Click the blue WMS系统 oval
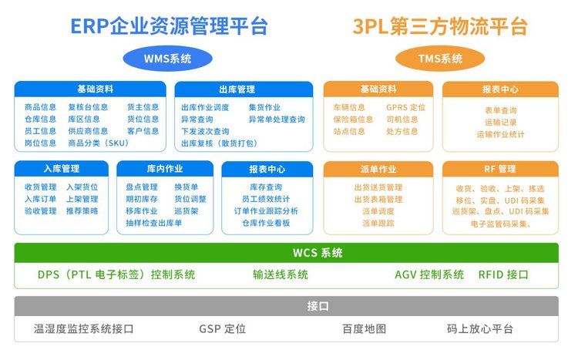[168, 59]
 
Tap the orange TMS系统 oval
[440, 59]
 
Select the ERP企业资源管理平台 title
[170, 26]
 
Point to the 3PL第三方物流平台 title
[440, 26]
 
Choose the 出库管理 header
[244, 89]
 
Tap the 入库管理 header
[62, 169]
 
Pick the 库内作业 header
[165, 169]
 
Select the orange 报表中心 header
[500, 89]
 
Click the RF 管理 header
[500, 169]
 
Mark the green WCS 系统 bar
[287, 253]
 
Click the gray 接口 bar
[287, 306]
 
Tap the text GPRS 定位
[406, 107]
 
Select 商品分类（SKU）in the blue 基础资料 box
[99, 143]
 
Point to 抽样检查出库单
[153, 223]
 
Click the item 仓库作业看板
[266, 223]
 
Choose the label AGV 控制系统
[429, 274]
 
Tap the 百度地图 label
[365, 328]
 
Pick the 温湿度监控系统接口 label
[84, 328]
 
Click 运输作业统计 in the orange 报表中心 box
[500, 134]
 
